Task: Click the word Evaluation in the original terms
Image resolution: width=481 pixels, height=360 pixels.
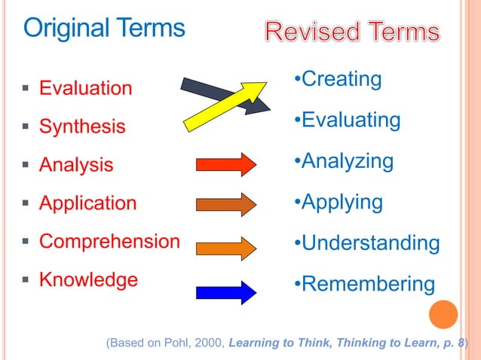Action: [x=85, y=88]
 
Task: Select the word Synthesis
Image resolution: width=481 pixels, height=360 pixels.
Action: [x=82, y=127]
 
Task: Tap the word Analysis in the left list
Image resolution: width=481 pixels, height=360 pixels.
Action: [x=76, y=165]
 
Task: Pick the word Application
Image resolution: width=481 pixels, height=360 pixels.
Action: [x=87, y=203]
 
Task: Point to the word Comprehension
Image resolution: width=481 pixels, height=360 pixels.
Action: [x=109, y=242]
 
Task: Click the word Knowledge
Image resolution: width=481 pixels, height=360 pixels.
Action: [x=88, y=280]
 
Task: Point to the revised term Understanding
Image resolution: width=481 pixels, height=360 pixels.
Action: [x=370, y=243]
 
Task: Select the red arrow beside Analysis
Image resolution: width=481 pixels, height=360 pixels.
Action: [x=226, y=164]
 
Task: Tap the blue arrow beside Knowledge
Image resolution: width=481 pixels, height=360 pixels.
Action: [x=226, y=291]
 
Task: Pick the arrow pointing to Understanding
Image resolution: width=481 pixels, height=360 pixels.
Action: [x=226, y=247]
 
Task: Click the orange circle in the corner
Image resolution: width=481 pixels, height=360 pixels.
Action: [x=443, y=315]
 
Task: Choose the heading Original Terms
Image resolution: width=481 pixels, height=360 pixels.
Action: [x=104, y=29]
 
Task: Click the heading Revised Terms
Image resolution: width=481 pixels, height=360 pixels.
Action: [x=352, y=32]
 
